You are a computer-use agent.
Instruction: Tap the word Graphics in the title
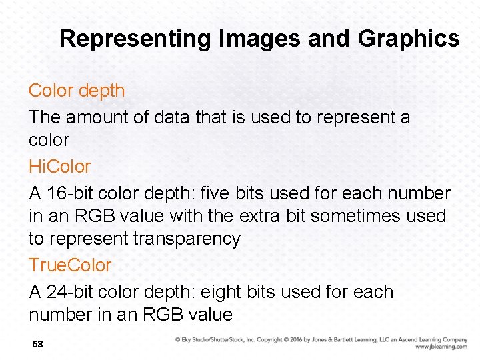[408, 39]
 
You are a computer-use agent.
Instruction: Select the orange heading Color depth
[77, 91]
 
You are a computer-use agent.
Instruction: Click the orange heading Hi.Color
[59, 166]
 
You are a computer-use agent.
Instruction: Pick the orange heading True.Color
[70, 265]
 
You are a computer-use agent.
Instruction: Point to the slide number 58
[37, 344]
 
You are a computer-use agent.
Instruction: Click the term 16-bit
[71, 193]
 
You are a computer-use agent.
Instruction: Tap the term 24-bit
[71, 292]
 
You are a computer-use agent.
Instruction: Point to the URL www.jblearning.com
[441, 347]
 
